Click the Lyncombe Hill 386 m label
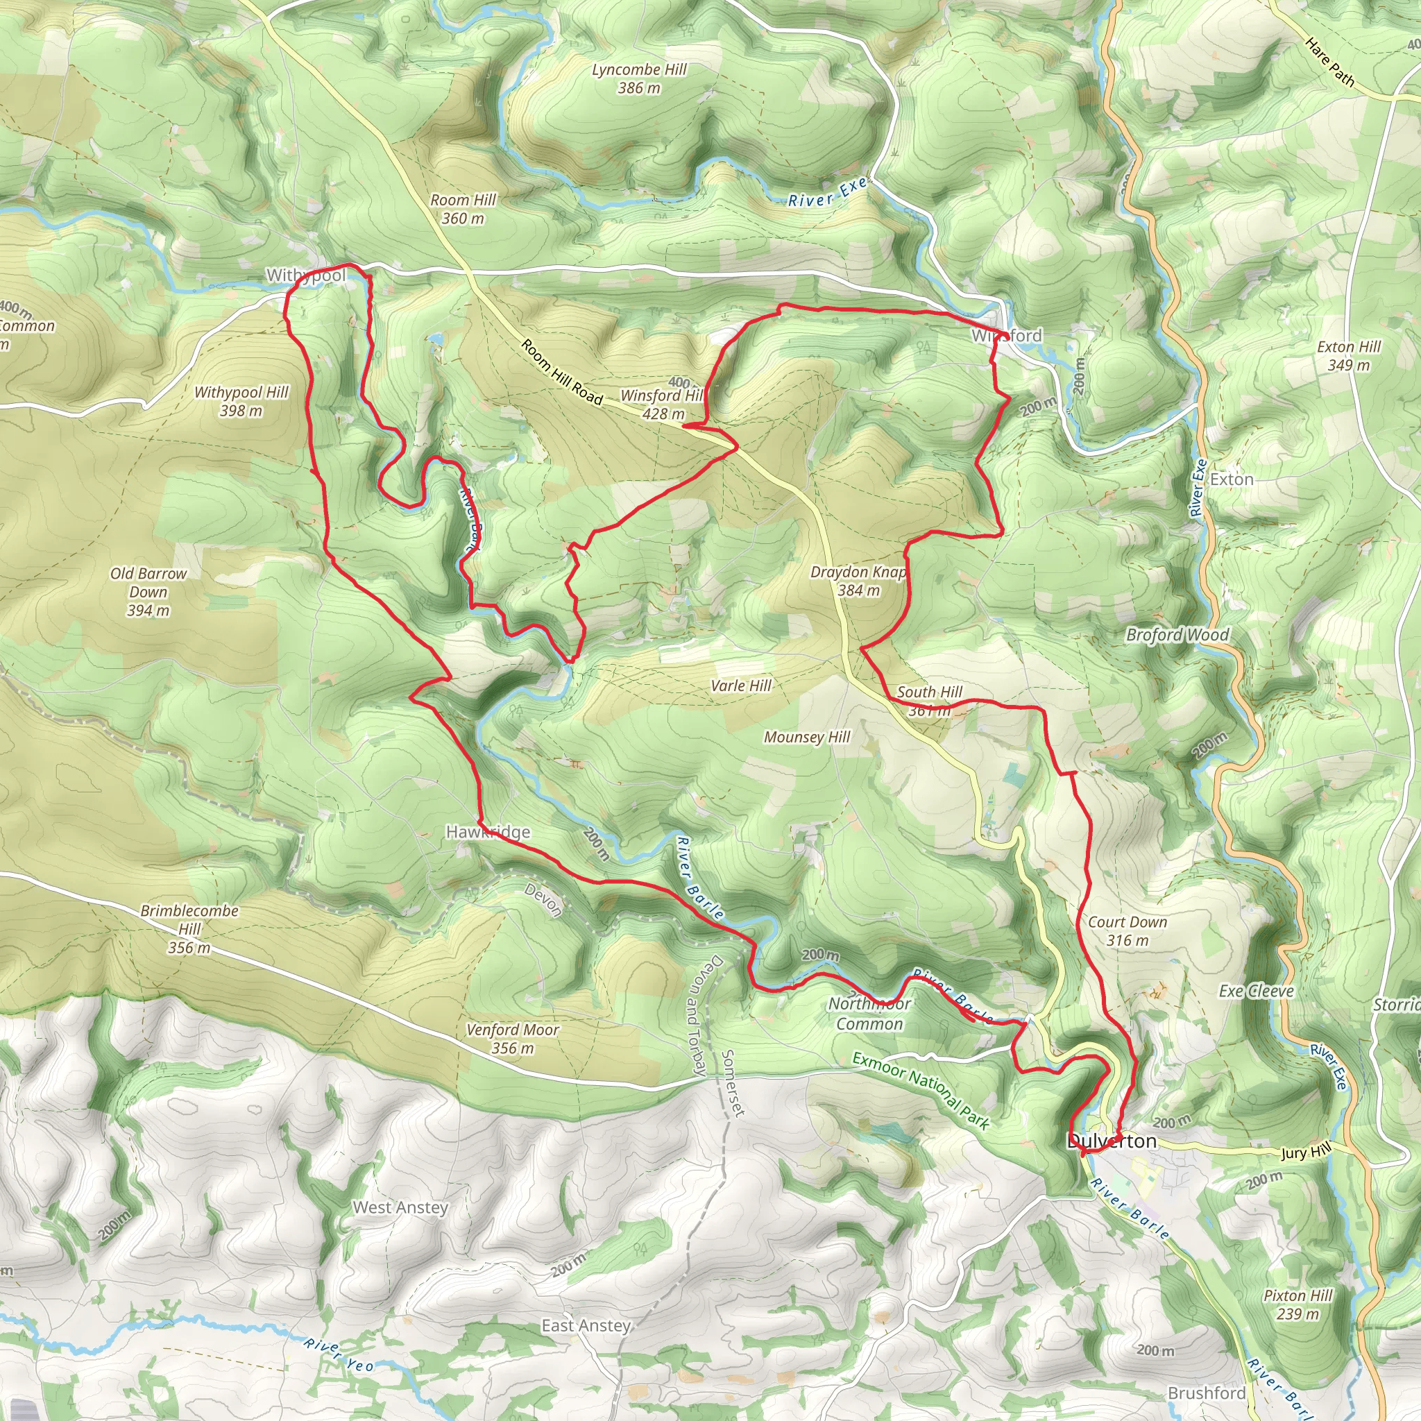coord(638,78)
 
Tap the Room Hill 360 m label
coord(463,209)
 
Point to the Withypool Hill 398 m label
coord(241,402)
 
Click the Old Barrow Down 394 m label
coord(148,591)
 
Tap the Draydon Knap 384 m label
coord(858,580)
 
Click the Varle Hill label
coord(740,686)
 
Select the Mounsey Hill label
coord(807,737)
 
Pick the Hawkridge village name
coord(488,832)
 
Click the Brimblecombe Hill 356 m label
coord(189,929)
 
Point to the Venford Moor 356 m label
coord(513,1039)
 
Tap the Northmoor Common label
coord(869,1014)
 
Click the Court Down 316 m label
coord(1127,930)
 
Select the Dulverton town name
coord(1112,1141)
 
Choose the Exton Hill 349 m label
coord(1349,355)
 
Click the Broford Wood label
coord(1177,635)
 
